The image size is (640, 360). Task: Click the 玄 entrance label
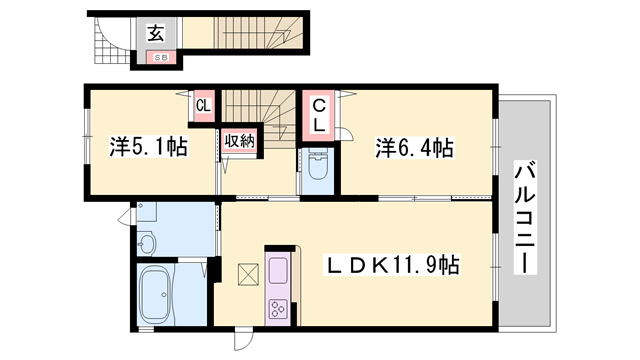(x=156, y=33)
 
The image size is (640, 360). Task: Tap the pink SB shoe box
(x=161, y=58)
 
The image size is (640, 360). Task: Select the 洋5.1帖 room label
(x=149, y=147)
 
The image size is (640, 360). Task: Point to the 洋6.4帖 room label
(x=414, y=148)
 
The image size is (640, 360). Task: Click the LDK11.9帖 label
(x=392, y=265)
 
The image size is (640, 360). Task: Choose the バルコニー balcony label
(x=525, y=218)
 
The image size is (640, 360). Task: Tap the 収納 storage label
(x=240, y=142)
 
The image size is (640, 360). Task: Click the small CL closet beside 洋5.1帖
(x=203, y=106)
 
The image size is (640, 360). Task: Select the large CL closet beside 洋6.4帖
(x=319, y=116)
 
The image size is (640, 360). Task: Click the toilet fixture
(x=318, y=164)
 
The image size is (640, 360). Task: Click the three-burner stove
(x=278, y=309)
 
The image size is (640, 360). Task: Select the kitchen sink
(x=278, y=270)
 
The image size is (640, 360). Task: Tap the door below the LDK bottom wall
(x=243, y=340)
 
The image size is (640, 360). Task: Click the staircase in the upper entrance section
(x=258, y=33)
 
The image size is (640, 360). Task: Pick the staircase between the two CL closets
(x=259, y=118)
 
